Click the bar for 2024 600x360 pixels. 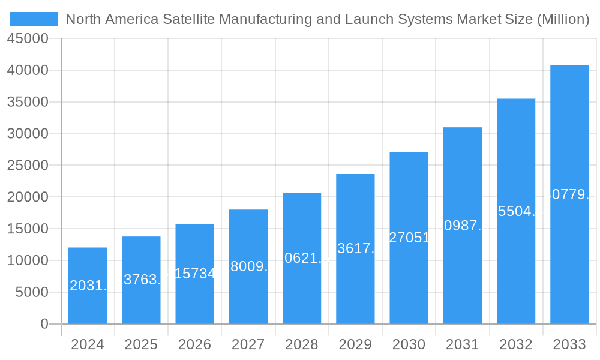tap(88, 286)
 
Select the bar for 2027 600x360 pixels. tap(248, 266)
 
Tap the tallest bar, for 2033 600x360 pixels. tap(569, 194)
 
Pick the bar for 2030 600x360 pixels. tap(409, 238)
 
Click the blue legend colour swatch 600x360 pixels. tap(34, 19)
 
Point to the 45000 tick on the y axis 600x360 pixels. tap(27, 38)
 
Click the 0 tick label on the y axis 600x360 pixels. tap(44, 324)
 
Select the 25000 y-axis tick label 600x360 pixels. tap(27, 165)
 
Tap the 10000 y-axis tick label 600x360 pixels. tap(27, 260)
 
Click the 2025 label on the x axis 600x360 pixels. tap(141, 344)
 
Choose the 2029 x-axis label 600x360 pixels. tap(355, 344)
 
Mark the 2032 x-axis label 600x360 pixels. tap(516, 344)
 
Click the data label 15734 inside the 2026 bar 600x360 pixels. tap(194, 274)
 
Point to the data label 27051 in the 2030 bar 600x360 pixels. tap(409, 238)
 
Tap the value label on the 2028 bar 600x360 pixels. tap(302, 258)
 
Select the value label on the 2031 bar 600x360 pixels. tap(463, 226)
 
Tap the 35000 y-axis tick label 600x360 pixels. tap(27, 102)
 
